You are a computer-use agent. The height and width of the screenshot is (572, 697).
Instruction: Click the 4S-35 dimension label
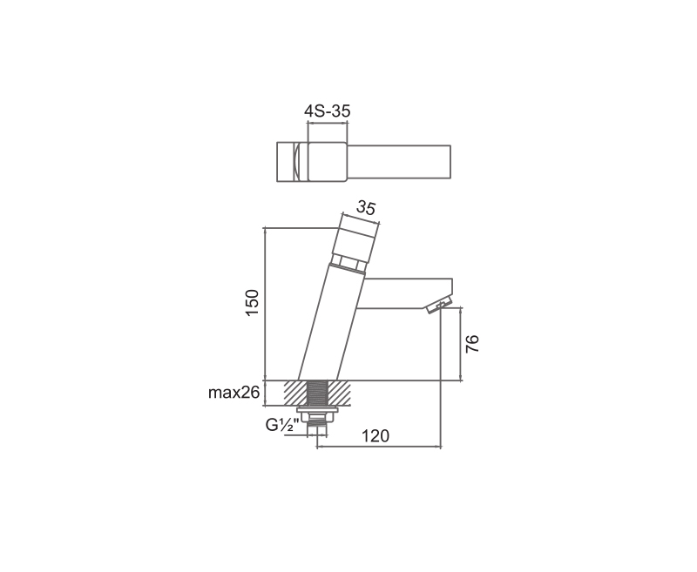coord(328,111)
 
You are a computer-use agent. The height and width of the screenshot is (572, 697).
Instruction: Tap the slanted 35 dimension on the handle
coord(366,207)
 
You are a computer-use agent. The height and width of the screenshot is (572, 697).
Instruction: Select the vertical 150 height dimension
coord(252,302)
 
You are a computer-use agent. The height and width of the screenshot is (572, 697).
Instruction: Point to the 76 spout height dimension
coord(472,344)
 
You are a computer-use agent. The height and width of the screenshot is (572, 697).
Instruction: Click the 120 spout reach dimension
coord(375,436)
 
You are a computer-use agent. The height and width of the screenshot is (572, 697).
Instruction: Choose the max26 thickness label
coord(233,393)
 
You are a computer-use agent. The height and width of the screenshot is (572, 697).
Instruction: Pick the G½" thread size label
coord(281,425)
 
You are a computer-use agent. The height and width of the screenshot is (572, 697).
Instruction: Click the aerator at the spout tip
coord(439,306)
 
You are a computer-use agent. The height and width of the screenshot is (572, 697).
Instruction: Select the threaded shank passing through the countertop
coord(318,393)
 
